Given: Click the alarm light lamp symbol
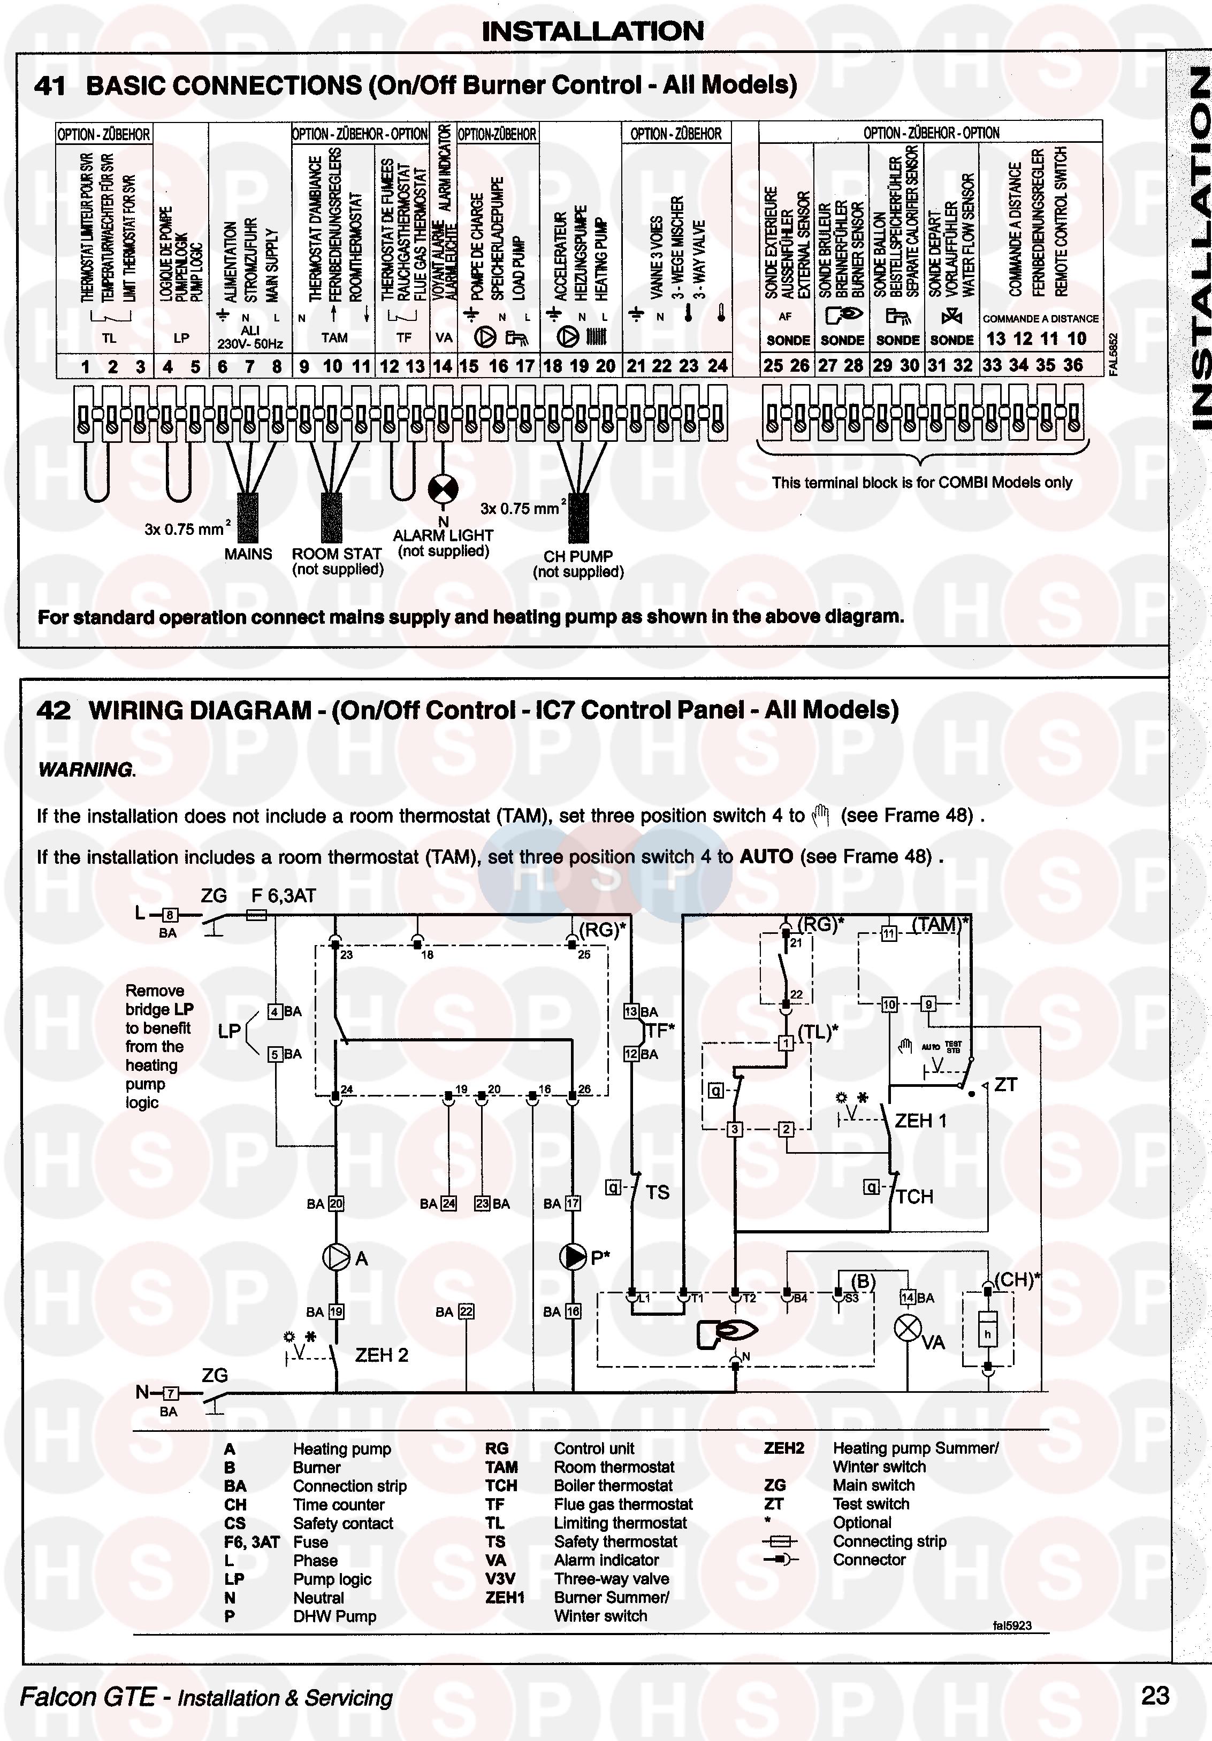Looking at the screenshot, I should click(x=443, y=489).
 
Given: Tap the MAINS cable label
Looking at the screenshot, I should click(x=248, y=554).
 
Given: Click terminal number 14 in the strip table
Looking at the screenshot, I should click(x=442, y=366).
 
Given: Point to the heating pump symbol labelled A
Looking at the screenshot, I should click(x=336, y=1258).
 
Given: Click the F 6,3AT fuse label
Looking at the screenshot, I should click(x=283, y=896).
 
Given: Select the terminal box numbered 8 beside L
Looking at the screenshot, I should click(x=169, y=915).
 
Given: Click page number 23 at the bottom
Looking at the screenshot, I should click(x=1154, y=1696).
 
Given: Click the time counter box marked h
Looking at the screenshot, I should click(x=987, y=1334).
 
